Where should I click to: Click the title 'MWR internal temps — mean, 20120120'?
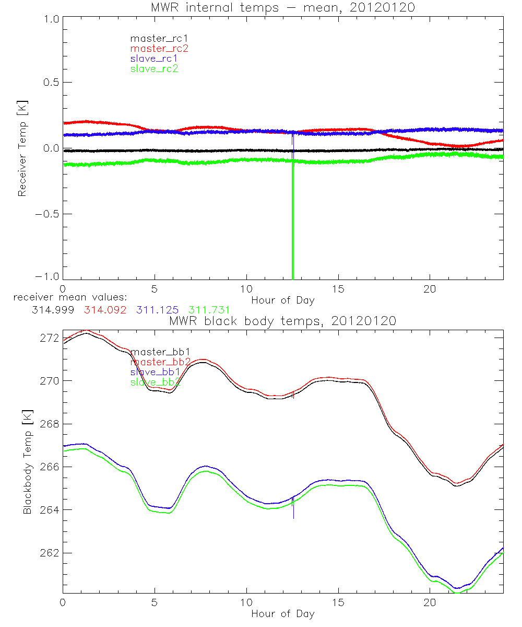click(x=282, y=8)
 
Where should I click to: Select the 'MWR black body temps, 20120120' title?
click(x=282, y=320)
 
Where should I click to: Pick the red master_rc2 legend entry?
click(x=159, y=48)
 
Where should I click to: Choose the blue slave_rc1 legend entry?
click(x=154, y=59)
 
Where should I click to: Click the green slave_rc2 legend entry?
click(x=154, y=68)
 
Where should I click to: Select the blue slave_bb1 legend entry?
click(x=155, y=372)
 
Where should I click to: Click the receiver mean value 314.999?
click(x=53, y=310)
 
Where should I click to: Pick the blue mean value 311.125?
click(x=158, y=310)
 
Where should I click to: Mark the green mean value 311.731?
click(x=209, y=310)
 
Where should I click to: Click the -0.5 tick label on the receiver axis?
click(x=47, y=214)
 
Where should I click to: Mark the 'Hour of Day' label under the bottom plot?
click(x=282, y=613)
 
